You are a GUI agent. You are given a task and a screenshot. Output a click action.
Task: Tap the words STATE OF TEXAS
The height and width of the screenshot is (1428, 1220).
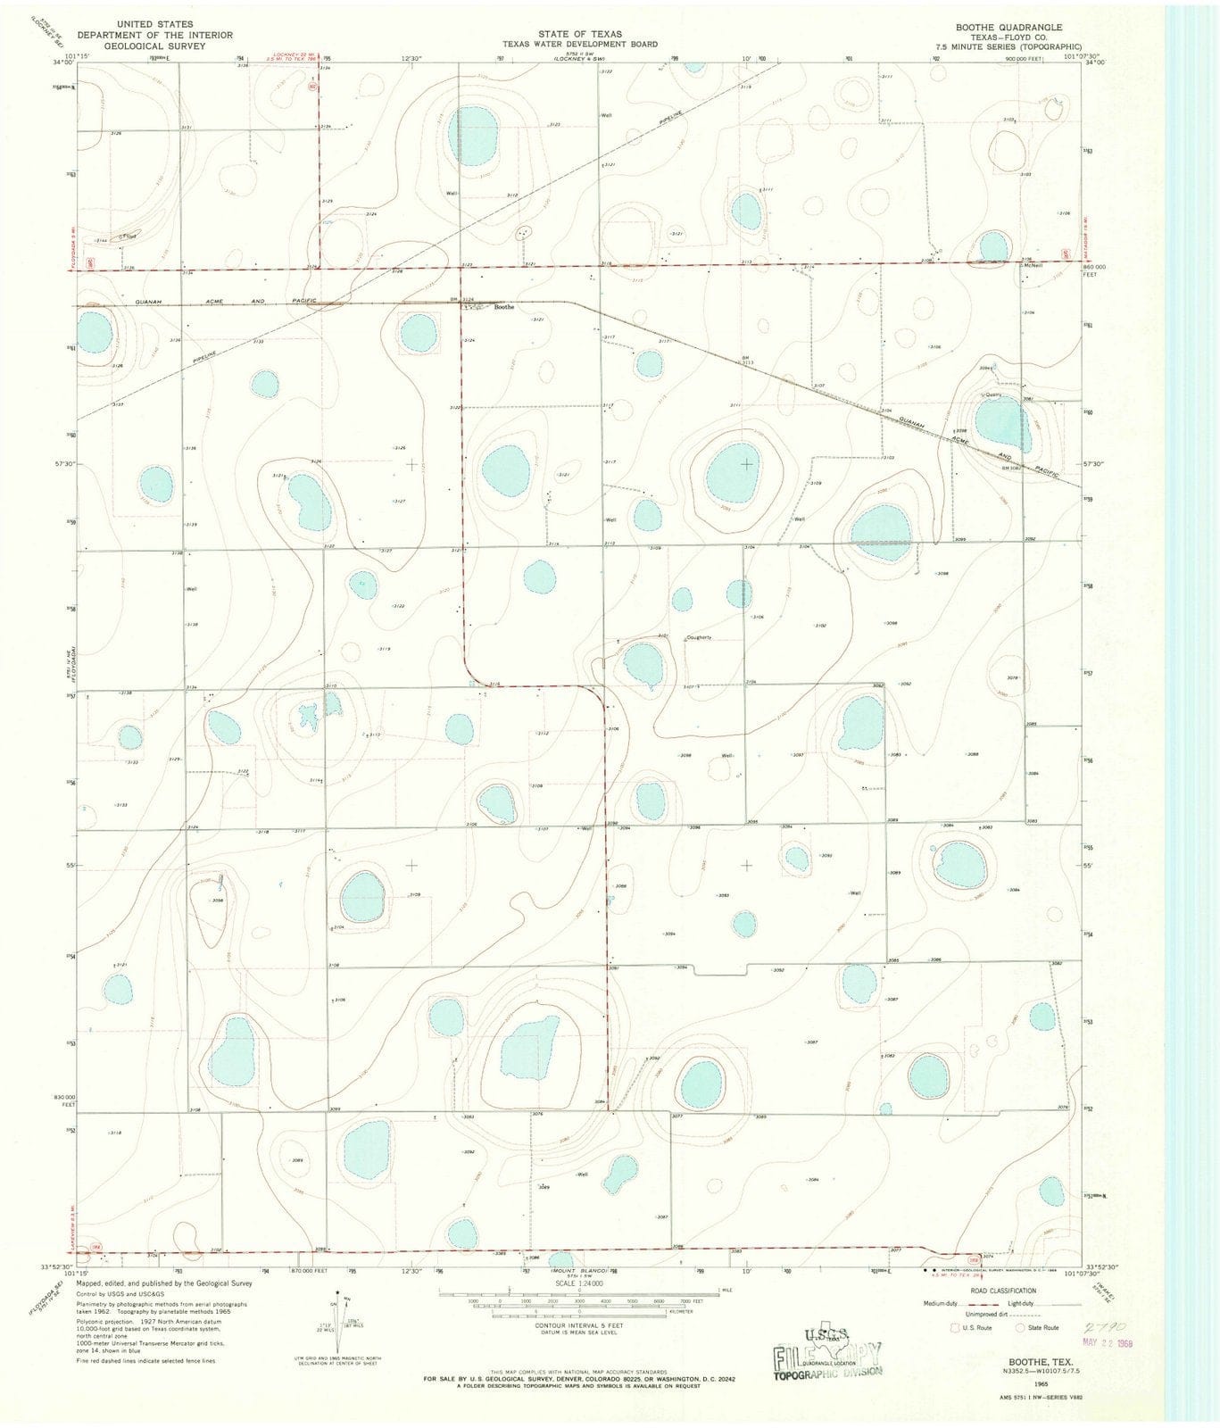click(579, 34)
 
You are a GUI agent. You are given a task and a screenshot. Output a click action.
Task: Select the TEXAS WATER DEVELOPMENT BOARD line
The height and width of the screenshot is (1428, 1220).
click(579, 44)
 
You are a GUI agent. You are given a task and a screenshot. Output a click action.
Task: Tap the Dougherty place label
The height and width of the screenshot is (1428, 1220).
click(698, 637)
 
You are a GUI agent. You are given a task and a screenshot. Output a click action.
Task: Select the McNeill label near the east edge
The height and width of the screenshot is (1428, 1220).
click(1034, 265)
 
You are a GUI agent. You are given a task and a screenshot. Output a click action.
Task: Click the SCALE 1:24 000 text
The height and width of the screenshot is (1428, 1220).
click(580, 1283)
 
